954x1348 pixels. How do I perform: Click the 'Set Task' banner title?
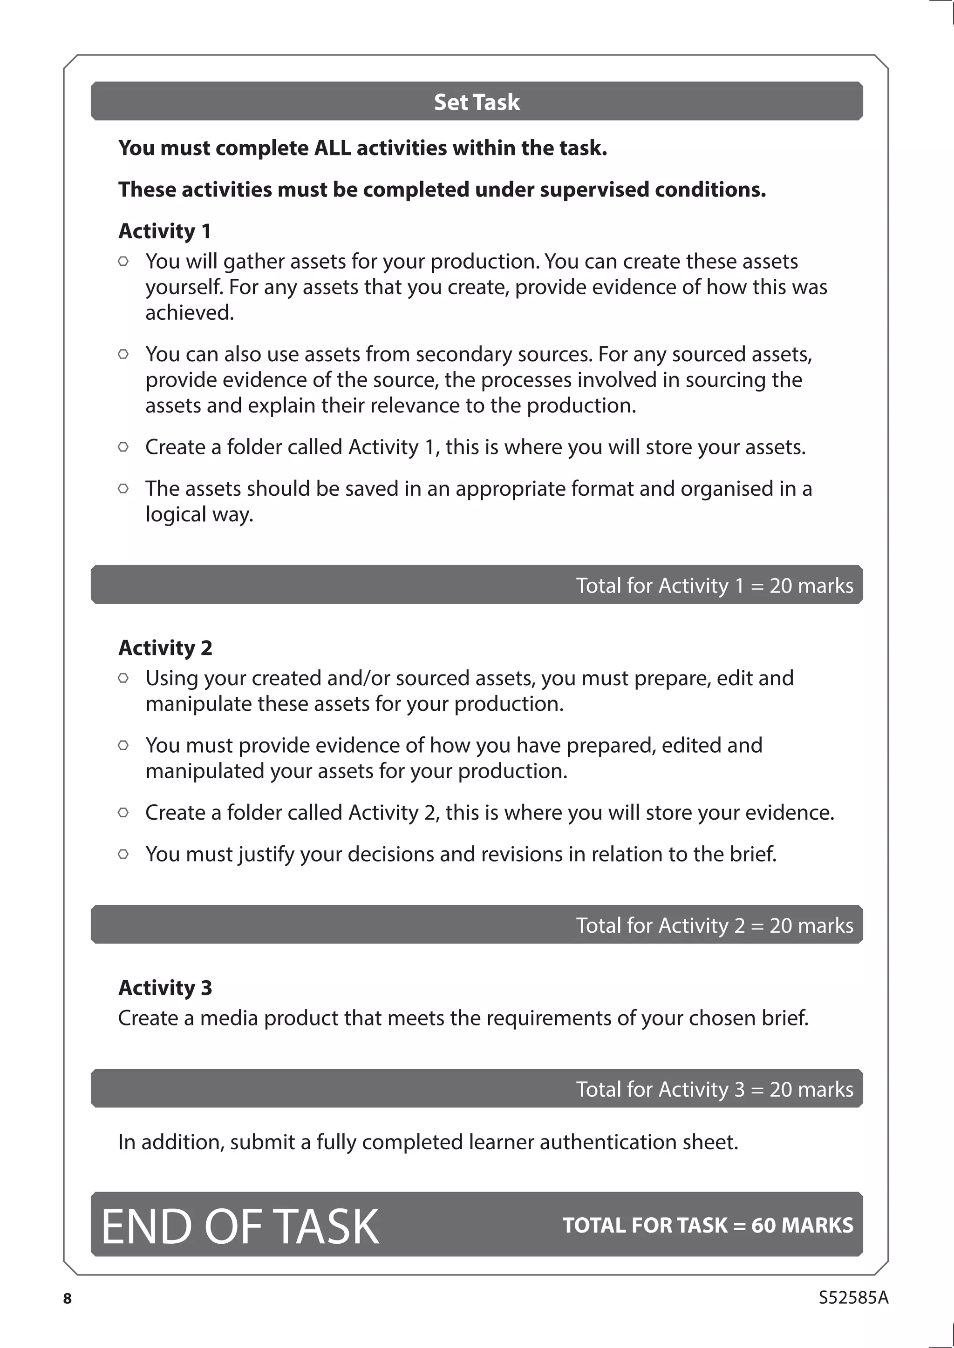click(x=477, y=102)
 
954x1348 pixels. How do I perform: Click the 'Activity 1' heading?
click(x=164, y=231)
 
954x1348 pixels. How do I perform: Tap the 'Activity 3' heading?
click(x=165, y=988)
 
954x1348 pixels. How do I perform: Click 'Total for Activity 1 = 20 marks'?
click(x=714, y=586)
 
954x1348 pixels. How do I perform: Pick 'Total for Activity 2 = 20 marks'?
click(x=714, y=925)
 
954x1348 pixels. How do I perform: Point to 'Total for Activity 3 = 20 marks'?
click(x=714, y=1089)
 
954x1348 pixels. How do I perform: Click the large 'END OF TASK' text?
click(x=240, y=1227)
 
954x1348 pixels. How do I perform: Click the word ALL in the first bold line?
click(x=333, y=148)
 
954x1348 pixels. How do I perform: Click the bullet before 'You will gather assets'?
click(x=123, y=261)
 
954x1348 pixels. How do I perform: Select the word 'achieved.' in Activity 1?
click(x=190, y=313)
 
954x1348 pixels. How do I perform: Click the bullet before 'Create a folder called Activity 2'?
click(x=123, y=813)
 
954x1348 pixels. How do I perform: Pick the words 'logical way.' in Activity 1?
click(x=199, y=514)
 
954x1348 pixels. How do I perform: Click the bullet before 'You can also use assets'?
click(x=123, y=354)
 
